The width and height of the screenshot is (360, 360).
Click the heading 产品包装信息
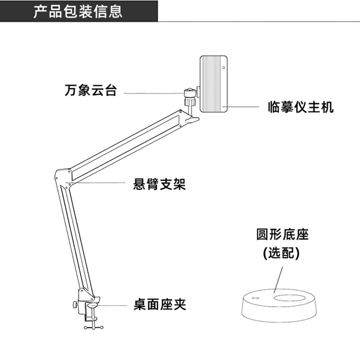78,11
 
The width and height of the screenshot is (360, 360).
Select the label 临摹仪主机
301,107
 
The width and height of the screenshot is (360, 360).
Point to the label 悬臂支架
159,184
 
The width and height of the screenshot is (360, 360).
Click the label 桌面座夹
160,305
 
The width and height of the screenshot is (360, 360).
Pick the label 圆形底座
283,234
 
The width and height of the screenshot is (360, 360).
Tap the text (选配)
282,253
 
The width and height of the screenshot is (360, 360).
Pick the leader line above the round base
278,279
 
